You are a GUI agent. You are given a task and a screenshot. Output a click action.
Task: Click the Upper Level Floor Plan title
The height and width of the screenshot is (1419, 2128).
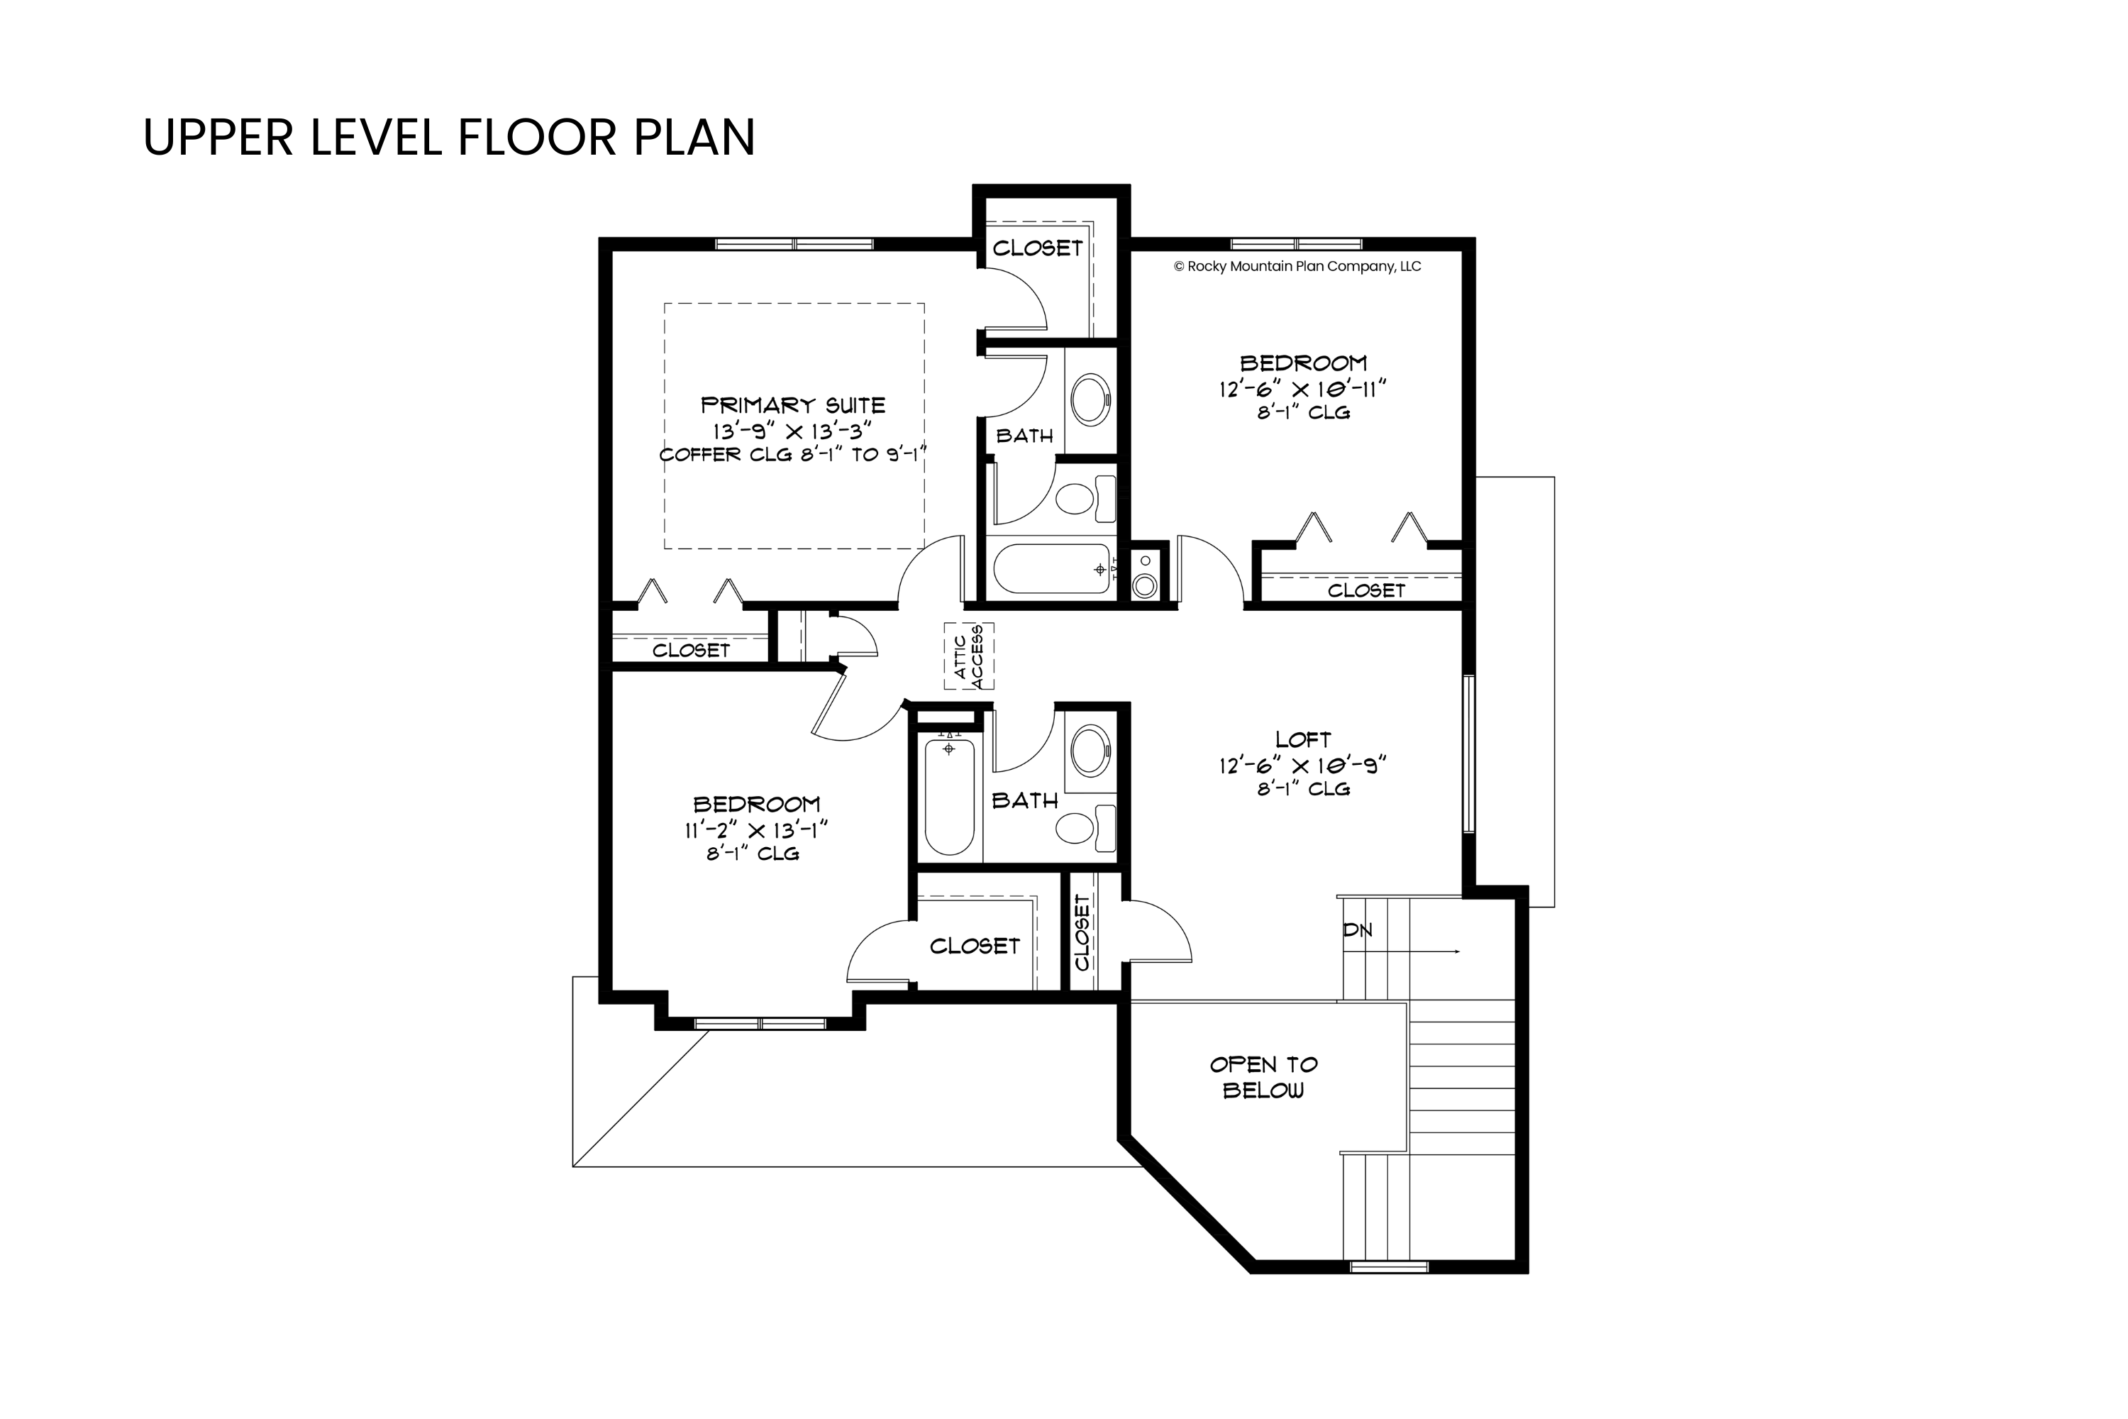pos(449,137)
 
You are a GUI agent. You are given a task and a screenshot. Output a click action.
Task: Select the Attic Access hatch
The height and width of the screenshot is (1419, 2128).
pos(969,656)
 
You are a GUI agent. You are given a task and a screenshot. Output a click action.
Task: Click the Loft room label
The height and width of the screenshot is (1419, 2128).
pos(1303,739)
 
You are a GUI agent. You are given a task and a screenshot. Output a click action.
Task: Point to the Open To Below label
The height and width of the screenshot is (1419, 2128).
pos(1263,1077)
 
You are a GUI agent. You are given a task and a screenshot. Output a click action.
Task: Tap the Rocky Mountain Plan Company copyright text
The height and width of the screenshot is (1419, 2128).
pos(1297,266)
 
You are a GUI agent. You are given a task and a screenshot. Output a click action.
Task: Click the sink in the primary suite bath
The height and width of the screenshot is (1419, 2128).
pos(1090,400)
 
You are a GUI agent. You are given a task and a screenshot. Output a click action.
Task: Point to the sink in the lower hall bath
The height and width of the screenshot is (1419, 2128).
pos(1090,750)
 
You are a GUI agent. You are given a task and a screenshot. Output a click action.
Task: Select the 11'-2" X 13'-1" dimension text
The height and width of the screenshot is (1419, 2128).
pos(756,829)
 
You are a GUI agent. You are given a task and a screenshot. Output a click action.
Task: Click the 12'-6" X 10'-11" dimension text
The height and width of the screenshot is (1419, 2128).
pos(1303,388)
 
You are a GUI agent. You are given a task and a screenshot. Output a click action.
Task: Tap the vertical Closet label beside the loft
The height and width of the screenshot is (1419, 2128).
pos(1082,932)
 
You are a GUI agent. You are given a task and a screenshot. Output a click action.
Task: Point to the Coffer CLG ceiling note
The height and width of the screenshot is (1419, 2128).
pos(794,454)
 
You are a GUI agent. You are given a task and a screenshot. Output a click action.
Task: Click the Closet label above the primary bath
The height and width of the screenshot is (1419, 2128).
pos(1037,248)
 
